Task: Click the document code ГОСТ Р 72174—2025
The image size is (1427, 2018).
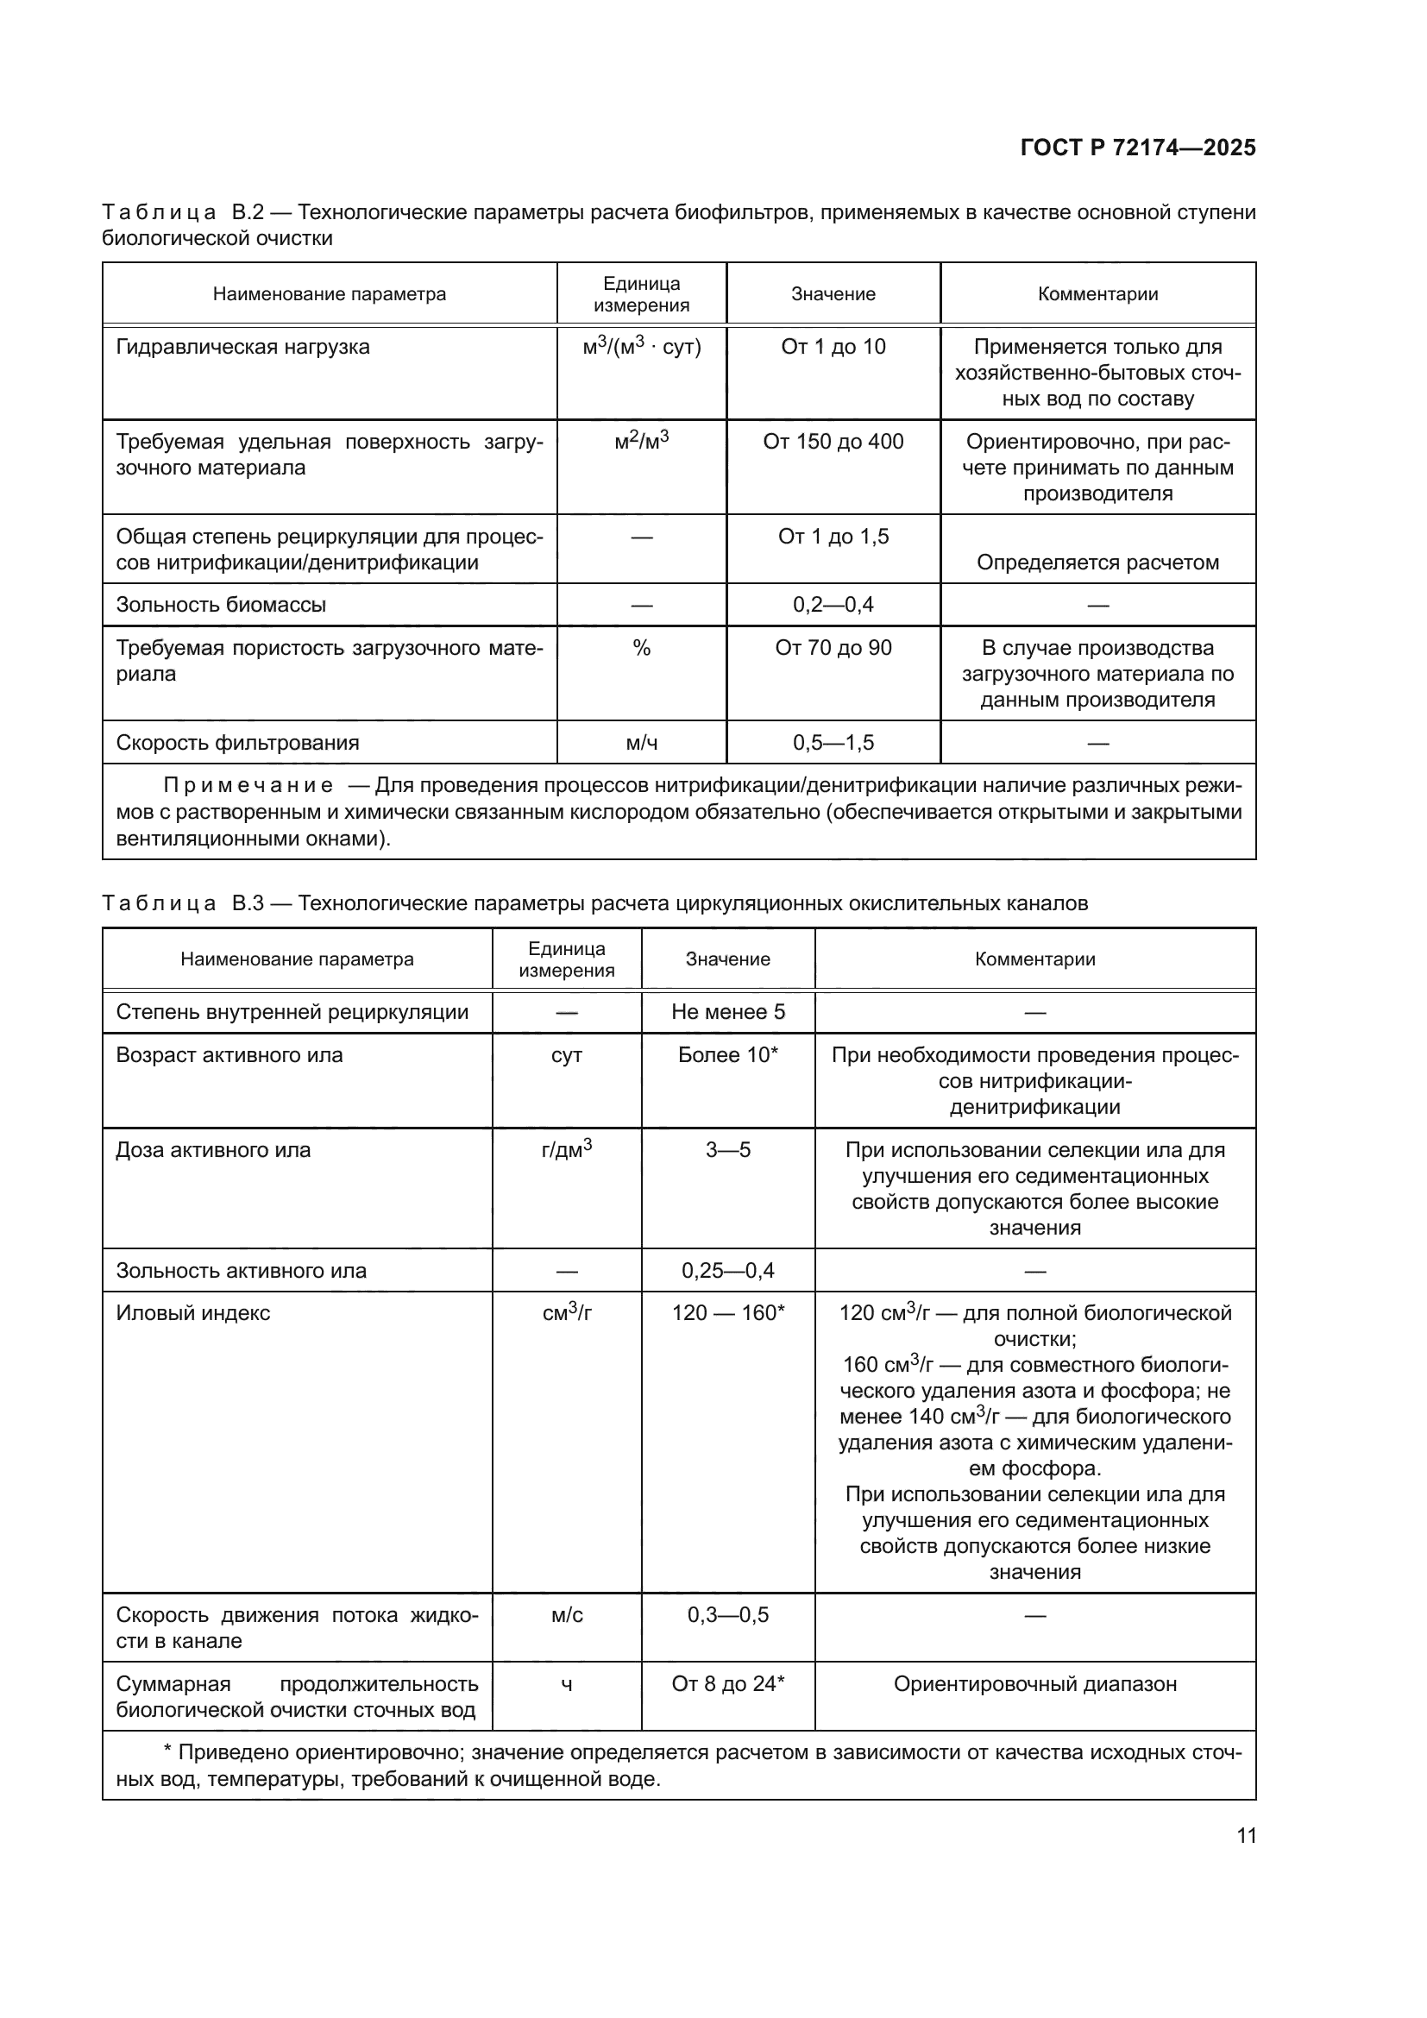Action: point(1137,148)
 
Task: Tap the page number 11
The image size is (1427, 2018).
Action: point(1246,1835)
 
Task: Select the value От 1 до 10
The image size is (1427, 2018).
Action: point(833,347)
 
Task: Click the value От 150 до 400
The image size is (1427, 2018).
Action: point(833,442)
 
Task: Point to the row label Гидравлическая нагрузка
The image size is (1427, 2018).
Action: point(242,347)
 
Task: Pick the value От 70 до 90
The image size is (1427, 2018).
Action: point(833,649)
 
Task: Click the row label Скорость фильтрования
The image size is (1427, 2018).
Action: point(237,744)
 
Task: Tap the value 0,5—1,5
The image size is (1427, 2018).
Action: point(833,744)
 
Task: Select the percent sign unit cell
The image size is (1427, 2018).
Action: point(641,649)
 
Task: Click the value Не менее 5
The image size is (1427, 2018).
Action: point(727,1013)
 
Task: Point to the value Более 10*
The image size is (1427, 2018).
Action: point(727,1055)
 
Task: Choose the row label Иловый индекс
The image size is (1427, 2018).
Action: point(193,1313)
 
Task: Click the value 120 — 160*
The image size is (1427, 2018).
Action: point(727,1313)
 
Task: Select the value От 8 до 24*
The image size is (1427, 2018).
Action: point(727,1684)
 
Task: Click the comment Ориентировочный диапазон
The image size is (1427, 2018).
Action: point(1035,1684)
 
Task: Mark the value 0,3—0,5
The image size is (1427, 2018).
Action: point(727,1615)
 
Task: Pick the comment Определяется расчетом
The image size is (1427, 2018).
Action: point(1097,563)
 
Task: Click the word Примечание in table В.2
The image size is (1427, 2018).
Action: point(248,786)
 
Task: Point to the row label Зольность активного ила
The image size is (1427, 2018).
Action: point(241,1271)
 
